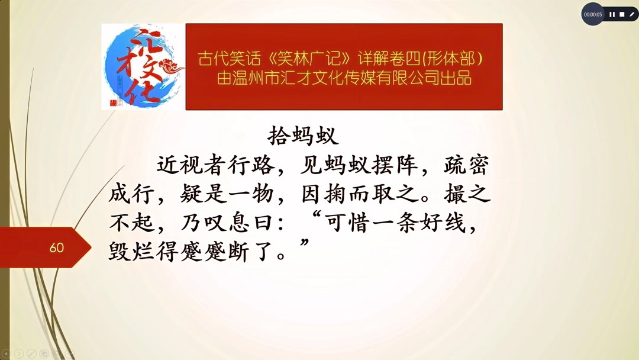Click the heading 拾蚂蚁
coord(303,136)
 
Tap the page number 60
coord(57,247)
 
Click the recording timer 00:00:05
coord(592,14)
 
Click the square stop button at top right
coord(622,14)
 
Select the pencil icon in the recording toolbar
coord(631,14)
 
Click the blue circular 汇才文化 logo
coord(143,66)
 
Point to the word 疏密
coord(466,166)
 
